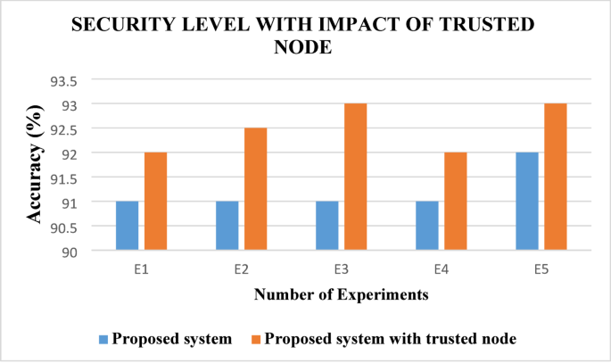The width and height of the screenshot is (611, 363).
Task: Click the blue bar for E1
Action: click(x=128, y=226)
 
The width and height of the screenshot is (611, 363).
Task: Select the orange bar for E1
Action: click(x=155, y=202)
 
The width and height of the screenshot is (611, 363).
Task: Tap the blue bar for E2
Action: click(x=227, y=226)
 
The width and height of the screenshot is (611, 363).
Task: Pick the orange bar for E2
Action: click(x=255, y=189)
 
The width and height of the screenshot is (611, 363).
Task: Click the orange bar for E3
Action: click(x=355, y=177)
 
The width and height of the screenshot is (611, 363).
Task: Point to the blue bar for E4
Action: click(x=427, y=226)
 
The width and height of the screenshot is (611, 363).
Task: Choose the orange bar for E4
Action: click(x=455, y=202)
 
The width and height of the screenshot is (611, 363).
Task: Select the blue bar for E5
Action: click(x=527, y=202)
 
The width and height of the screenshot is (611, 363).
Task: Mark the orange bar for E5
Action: click(x=555, y=177)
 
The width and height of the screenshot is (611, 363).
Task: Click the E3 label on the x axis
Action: click(x=341, y=266)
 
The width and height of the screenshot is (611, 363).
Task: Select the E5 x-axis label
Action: click(x=541, y=266)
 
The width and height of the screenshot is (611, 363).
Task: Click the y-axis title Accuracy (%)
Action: click(x=36, y=167)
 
